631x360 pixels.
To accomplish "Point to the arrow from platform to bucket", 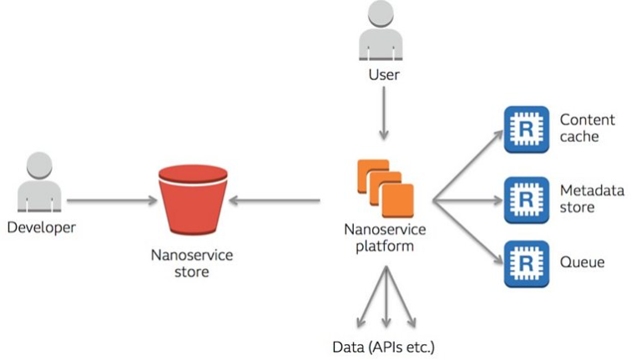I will pos(275,201).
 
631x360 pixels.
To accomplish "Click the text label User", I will pos(383,75).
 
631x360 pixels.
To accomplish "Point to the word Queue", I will pos(583,263).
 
